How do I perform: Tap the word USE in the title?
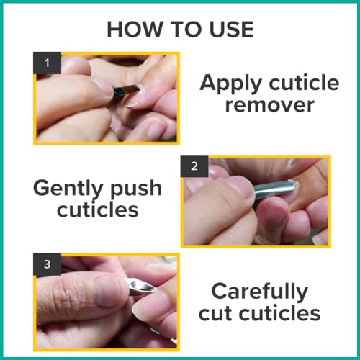coord(231,30)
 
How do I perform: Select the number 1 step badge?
coord(47,63)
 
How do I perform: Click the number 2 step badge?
coord(194,166)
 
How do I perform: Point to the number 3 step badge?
coord(47,264)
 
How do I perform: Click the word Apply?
coord(230,84)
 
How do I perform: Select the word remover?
coord(270,105)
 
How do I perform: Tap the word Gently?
coord(68,189)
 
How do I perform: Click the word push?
coord(136,189)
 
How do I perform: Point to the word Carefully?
coord(260,292)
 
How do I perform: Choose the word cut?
coord(216,314)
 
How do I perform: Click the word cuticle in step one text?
coord(304,83)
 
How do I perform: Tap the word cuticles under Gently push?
coord(98,210)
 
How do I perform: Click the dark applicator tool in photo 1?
coord(127,91)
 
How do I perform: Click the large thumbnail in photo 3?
coord(107,291)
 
